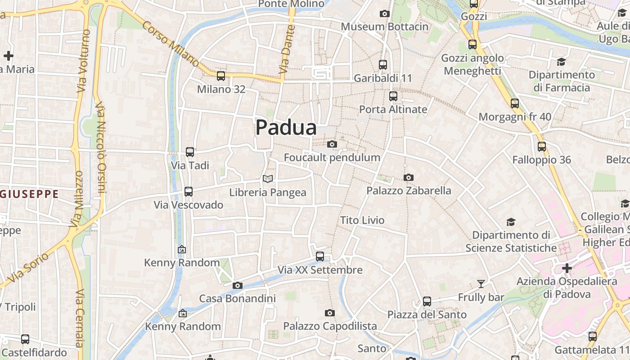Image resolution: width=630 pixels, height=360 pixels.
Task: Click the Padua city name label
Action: pos(286,127)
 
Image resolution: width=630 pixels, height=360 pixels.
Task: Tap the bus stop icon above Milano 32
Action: pos(220,76)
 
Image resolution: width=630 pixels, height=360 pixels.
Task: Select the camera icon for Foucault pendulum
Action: pos(332,144)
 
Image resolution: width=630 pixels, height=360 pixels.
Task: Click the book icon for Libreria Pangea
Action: pos(268,179)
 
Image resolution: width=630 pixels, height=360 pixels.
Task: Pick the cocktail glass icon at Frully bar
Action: pos(481,283)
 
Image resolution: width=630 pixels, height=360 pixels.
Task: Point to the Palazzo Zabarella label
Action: pos(409,190)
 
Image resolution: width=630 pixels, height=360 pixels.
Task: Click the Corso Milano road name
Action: pos(171,44)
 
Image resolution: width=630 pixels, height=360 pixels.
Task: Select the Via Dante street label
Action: pos(286,49)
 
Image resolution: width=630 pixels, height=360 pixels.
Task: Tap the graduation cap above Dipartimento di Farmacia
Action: pos(561,62)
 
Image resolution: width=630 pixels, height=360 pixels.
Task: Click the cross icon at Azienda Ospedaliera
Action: pos(567,268)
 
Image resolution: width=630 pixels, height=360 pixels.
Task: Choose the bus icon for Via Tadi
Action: pos(190,152)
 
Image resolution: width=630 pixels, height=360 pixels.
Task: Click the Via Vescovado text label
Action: pos(189,205)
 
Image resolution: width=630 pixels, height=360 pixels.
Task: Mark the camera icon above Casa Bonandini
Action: pos(238,285)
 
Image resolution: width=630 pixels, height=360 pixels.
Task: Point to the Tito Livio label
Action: pos(362,220)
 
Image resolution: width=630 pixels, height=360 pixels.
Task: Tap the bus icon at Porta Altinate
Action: pos(393,96)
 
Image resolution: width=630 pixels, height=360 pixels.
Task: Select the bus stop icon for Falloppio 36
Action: pos(542,146)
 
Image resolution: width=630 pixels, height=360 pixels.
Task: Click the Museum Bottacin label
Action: pos(385,27)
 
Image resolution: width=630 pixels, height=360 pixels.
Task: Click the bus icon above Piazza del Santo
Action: pos(427,301)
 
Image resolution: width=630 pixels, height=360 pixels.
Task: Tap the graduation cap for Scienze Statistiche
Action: pos(511,222)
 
